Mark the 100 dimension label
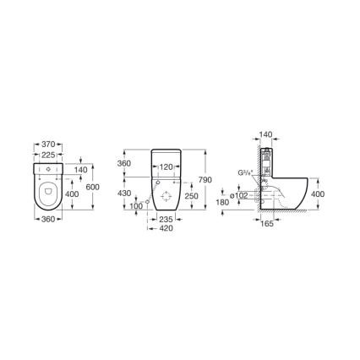pyautogui.click(x=136, y=206)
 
